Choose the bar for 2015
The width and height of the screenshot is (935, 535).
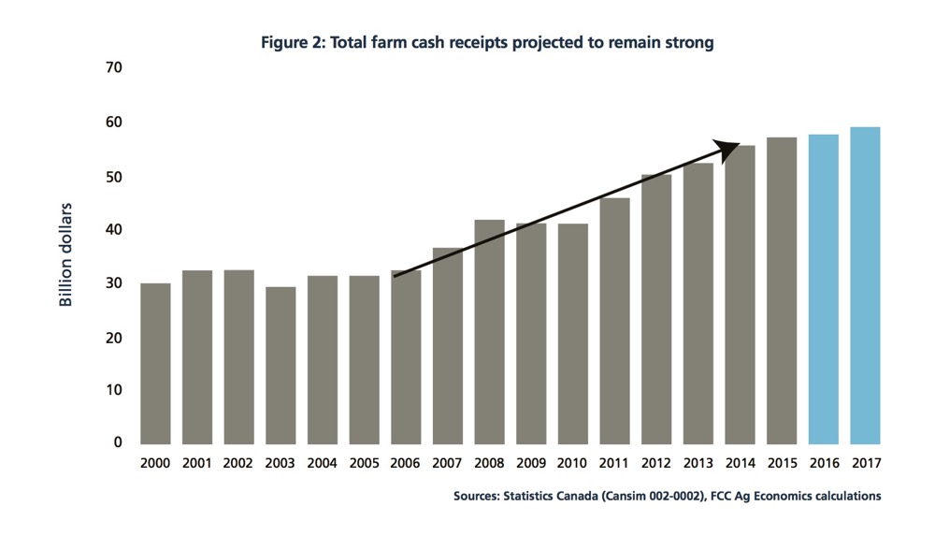(782, 290)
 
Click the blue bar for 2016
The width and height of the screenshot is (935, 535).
(824, 289)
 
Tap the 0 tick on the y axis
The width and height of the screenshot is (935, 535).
(119, 442)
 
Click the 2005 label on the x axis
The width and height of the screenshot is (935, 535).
(364, 463)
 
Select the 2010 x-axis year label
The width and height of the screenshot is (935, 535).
(573, 463)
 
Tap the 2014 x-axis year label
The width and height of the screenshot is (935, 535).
(740, 463)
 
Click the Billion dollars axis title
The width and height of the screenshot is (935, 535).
(66, 254)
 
